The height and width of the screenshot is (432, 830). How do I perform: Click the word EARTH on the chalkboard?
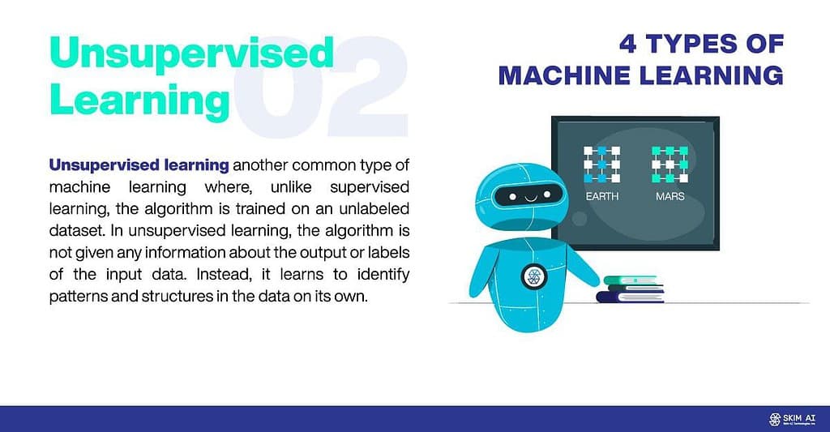(x=602, y=196)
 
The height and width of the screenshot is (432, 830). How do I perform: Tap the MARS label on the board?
(x=670, y=196)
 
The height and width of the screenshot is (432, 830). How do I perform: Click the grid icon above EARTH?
(x=602, y=165)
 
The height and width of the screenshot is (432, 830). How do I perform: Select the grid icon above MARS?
(x=670, y=165)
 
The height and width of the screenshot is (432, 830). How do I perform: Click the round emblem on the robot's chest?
(x=533, y=276)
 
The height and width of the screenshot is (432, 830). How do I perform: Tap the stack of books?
(x=631, y=289)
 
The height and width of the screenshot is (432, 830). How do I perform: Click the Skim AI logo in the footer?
(x=792, y=419)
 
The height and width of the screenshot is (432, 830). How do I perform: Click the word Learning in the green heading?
(x=139, y=101)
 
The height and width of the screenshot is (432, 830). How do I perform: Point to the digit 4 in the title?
(x=628, y=44)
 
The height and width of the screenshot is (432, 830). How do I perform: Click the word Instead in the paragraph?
(x=227, y=274)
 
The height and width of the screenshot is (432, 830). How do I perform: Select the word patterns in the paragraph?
(x=78, y=297)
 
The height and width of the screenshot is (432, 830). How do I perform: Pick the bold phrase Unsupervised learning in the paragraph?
(x=139, y=165)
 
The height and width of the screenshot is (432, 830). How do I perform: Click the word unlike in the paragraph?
(x=291, y=187)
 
